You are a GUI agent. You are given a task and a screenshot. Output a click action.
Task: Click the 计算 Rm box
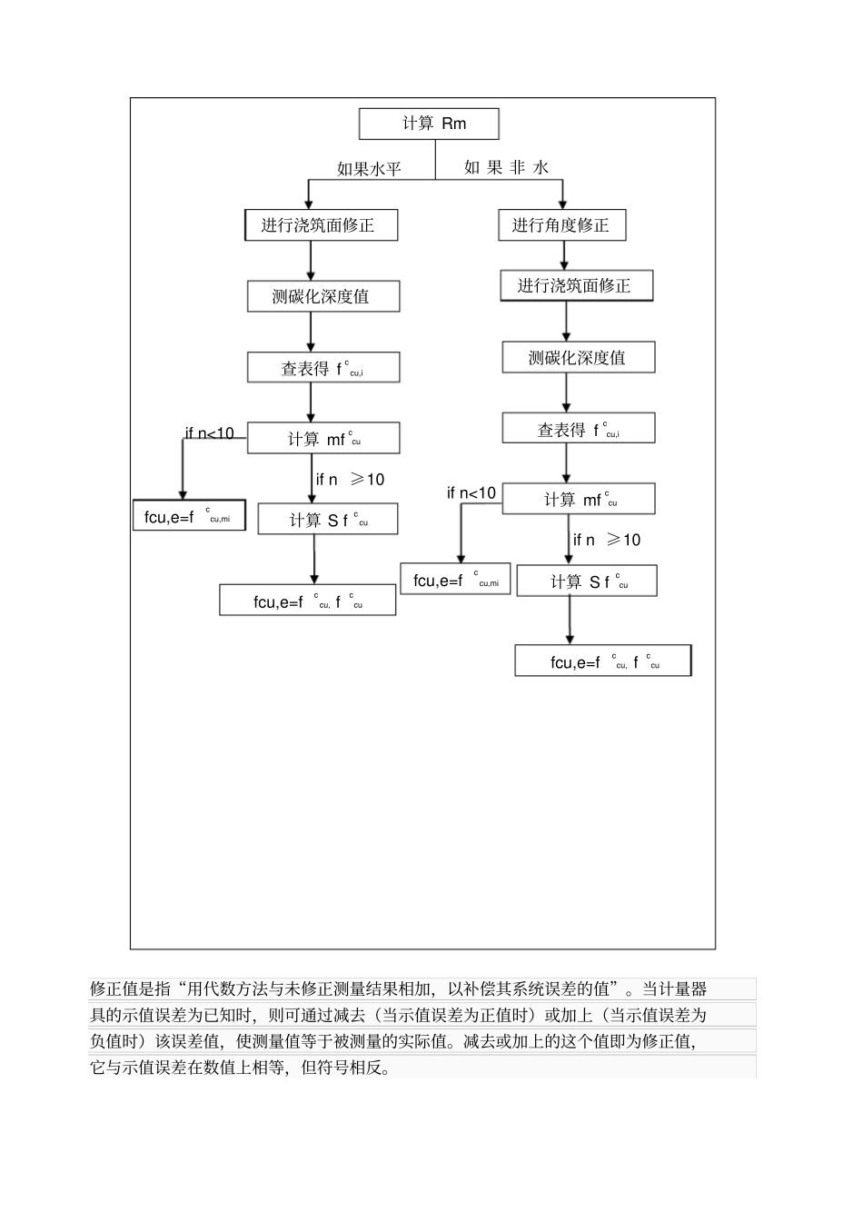[429, 124]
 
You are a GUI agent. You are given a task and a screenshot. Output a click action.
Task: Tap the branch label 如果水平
[369, 169]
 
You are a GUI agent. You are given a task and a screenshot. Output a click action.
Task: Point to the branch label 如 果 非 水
[506, 167]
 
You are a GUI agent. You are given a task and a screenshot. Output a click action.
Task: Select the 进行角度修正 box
[561, 225]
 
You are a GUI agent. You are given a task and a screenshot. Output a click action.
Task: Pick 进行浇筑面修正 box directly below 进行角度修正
[576, 286]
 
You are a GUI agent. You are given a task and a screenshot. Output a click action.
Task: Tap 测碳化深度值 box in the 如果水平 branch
[322, 296]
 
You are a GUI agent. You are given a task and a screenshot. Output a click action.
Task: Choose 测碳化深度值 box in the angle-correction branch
[578, 357]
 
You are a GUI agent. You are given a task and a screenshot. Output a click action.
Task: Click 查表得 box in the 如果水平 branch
[322, 368]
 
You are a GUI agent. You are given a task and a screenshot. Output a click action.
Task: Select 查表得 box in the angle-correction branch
[578, 429]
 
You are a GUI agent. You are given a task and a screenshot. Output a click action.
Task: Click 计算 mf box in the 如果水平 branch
[322, 439]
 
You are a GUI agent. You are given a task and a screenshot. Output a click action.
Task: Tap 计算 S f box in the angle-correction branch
[586, 581]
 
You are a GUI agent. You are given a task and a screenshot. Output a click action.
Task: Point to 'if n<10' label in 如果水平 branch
[210, 433]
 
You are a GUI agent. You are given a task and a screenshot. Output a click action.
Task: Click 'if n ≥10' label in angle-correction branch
[607, 540]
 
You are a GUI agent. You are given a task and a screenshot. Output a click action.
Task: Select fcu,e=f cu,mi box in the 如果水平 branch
[189, 516]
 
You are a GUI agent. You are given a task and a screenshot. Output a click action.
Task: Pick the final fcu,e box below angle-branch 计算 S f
[602, 661]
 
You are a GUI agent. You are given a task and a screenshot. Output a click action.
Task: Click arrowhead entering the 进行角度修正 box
[563, 205]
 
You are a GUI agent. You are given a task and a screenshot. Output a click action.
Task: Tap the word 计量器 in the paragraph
[687, 989]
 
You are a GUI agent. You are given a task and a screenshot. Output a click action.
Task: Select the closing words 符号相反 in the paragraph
[360, 1068]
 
